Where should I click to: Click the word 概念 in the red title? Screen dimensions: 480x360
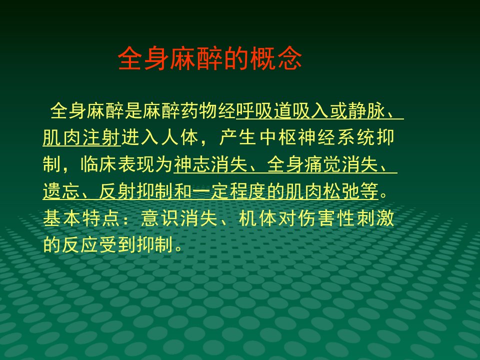(x=276, y=58)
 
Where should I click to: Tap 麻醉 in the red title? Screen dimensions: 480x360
(x=196, y=58)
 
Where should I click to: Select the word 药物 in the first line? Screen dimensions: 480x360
(x=198, y=111)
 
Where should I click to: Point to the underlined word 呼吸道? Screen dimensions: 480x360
(x=264, y=111)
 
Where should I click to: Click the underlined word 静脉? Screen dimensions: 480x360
(x=366, y=111)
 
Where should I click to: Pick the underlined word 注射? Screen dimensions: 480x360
(x=101, y=137)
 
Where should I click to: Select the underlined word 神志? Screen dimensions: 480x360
(x=192, y=164)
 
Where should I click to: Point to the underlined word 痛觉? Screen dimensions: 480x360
(x=322, y=164)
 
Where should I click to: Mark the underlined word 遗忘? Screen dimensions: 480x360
(x=61, y=191)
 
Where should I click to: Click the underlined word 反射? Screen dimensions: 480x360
(x=117, y=191)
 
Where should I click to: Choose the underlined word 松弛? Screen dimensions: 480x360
(x=341, y=191)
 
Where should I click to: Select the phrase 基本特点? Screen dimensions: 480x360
(x=81, y=218)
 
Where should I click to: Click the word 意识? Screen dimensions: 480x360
(x=160, y=218)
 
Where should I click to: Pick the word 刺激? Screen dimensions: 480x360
(x=375, y=218)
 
